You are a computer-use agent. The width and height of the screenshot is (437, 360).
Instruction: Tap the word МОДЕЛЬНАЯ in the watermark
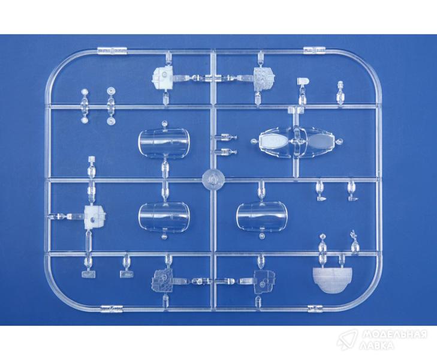tap(394, 334)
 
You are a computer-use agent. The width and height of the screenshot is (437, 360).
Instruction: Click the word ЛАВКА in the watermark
tap(377, 346)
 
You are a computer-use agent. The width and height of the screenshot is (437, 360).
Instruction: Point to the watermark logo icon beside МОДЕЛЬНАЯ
tap(347, 340)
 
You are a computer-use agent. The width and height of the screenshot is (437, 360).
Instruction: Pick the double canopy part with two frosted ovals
tap(297, 142)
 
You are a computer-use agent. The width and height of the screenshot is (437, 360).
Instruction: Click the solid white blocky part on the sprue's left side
tap(95, 217)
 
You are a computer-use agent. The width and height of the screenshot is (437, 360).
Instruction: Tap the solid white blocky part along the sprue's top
tap(163, 75)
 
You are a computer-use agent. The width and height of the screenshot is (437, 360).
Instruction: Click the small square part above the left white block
tap(91, 160)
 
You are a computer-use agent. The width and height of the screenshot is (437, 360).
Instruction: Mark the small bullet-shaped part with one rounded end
tap(303, 81)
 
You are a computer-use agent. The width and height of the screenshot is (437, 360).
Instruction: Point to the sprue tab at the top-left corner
tap(112, 51)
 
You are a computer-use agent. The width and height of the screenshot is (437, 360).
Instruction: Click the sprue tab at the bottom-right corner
tap(315, 308)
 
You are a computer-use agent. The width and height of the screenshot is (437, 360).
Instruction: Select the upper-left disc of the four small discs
tap(84, 92)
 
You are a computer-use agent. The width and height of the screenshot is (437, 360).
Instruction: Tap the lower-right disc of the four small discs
tap(111, 121)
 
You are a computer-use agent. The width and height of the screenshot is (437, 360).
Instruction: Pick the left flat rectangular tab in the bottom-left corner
tap(89, 274)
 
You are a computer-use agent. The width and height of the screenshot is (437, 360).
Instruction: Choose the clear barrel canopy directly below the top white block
tap(164, 142)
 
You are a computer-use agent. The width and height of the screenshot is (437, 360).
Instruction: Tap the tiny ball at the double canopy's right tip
tap(339, 142)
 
